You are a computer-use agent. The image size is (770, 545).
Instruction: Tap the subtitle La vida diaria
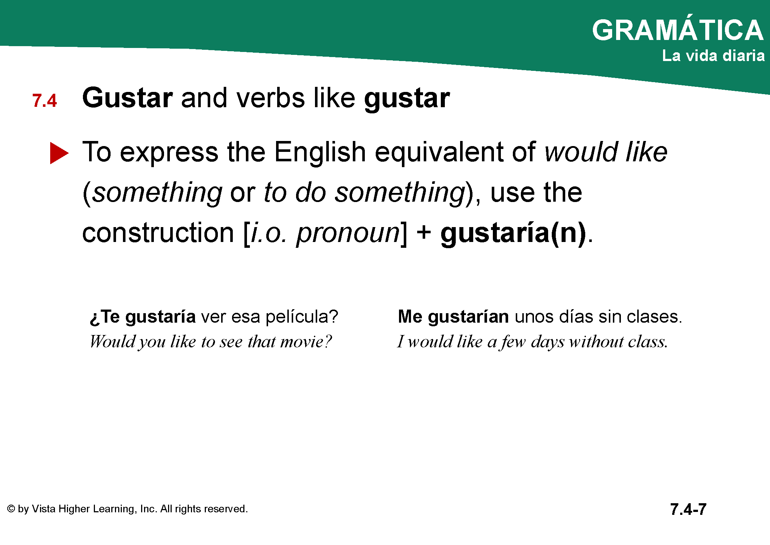point(713,56)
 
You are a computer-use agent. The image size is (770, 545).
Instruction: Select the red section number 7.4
point(44,101)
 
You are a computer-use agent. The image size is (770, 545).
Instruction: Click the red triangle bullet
point(59,153)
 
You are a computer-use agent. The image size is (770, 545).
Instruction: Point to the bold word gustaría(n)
point(513,233)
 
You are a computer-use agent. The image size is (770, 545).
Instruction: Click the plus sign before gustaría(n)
point(424,233)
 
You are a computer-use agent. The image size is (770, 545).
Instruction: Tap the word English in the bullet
point(320,152)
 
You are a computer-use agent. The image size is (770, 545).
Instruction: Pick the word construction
point(158,233)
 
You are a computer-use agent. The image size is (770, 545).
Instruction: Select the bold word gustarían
point(468,317)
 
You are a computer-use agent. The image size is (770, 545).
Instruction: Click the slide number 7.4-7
point(688,509)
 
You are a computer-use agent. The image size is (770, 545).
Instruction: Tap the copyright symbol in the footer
point(11,509)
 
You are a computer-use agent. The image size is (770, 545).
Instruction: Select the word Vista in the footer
point(44,509)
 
